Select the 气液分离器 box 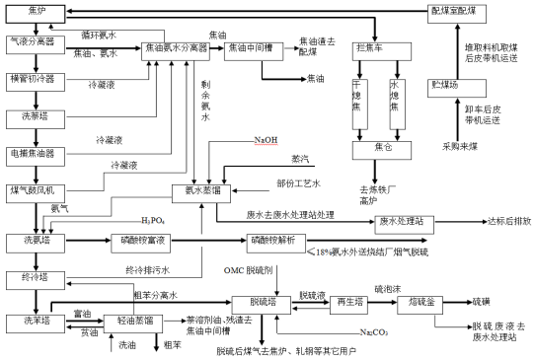point(32,43)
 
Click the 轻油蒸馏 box point(133,321)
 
